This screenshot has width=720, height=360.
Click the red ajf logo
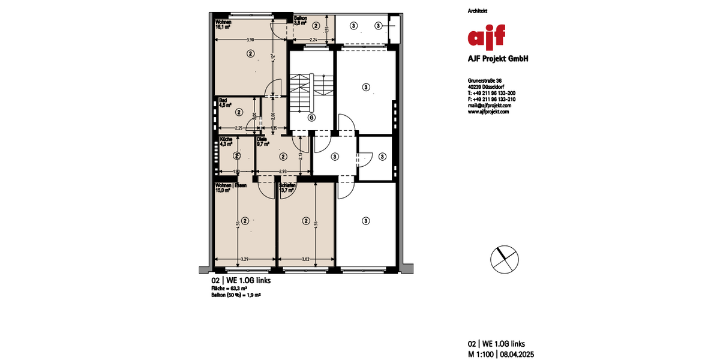point(487,36)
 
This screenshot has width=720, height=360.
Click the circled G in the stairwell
point(311,118)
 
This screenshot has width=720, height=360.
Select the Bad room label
point(223,100)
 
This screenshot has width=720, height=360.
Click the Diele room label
point(262,139)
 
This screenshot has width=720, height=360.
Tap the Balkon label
point(301,19)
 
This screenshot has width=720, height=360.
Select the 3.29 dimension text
point(245,259)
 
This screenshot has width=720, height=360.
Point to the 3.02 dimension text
point(305,259)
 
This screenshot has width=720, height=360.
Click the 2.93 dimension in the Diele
point(283,172)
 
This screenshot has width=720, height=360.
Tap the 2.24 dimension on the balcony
point(313,40)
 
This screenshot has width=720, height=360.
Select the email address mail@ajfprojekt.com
point(489,105)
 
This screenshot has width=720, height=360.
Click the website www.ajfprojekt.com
point(488,111)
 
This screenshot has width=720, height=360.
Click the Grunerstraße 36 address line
point(485,80)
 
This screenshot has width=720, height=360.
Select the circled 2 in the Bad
point(239,112)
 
